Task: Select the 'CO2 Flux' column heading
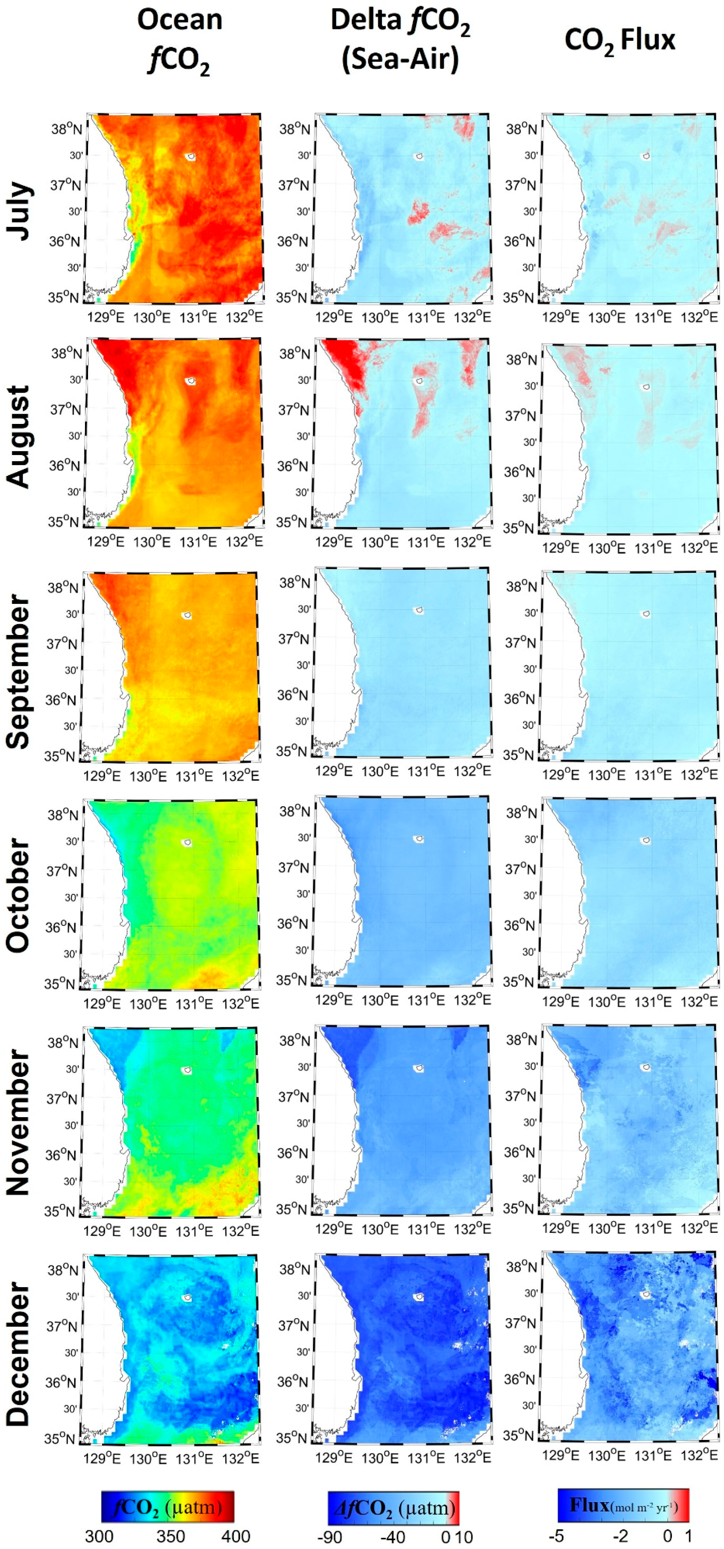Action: (620, 41)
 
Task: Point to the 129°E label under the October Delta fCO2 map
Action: (334, 1000)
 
